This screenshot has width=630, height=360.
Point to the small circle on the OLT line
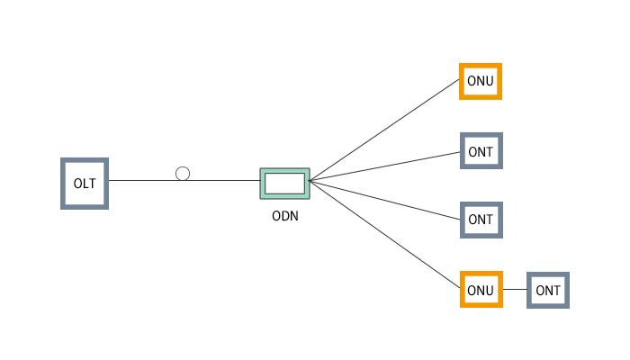(183, 174)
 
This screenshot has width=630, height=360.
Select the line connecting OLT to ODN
(225, 180)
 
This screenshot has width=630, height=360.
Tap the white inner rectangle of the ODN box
(284, 183)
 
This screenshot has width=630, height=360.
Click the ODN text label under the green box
(285, 216)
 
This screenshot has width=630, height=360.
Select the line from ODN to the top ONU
(387, 130)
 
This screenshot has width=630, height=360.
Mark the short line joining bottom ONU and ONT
(515, 290)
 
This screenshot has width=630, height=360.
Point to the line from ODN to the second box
(387, 165)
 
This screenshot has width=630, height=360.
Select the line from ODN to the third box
(387, 200)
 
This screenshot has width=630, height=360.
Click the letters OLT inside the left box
(85, 184)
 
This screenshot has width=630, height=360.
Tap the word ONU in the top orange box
(481, 82)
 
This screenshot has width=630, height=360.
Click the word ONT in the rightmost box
(548, 291)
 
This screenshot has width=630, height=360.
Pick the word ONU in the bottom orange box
(481, 291)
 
